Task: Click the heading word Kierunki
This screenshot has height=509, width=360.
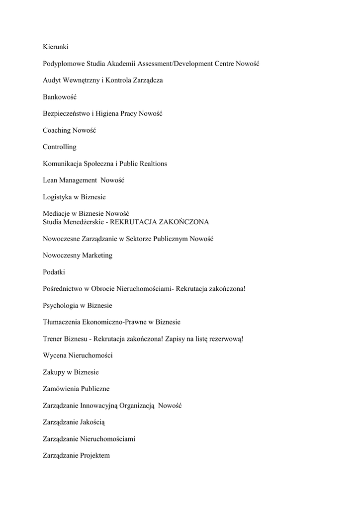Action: tap(56, 47)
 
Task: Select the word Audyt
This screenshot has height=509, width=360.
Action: tap(52, 80)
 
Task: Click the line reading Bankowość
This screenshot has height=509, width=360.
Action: tap(60, 97)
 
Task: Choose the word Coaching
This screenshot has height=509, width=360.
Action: tap(57, 130)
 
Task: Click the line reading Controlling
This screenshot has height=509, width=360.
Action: tap(60, 147)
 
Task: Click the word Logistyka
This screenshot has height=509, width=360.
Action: tap(57, 197)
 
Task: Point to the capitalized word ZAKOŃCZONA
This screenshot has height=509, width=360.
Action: tap(180, 222)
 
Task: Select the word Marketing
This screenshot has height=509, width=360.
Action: tap(97, 255)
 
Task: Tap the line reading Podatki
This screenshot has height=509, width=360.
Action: tap(54, 272)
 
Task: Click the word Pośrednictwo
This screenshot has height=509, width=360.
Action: tap(63, 289)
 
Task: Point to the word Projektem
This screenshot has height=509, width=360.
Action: tap(94, 456)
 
